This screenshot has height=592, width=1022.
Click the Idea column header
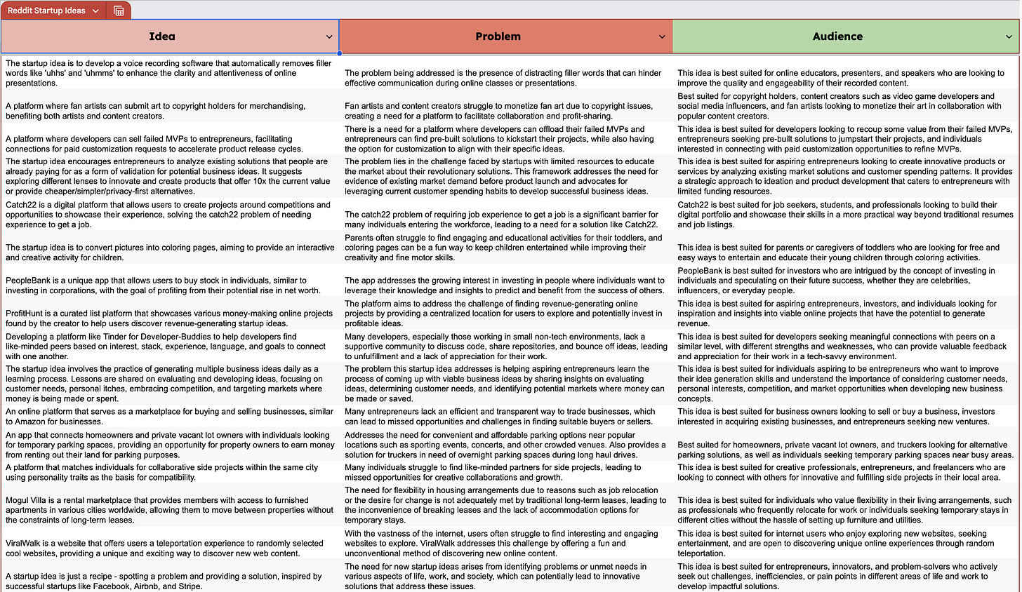pyautogui.click(x=162, y=36)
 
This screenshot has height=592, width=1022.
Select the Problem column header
pyautogui.click(x=498, y=36)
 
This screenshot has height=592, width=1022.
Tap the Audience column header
pyautogui.click(x=837, y=36)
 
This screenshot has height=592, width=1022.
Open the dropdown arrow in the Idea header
pyautogui.click(x=329, y=37)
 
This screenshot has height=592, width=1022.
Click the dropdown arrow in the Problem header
pyautogui.click(x=662, y=37)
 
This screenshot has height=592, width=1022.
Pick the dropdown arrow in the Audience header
pyautogui.click(x=1009, y=37)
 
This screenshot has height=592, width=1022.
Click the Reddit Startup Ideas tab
pyautogui.click(x=46, y=11)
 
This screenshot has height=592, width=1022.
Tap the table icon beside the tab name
pyautogui.click(x=119, y=11)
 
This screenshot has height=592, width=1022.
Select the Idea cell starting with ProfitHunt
pyautogui.click(x=168, y=318)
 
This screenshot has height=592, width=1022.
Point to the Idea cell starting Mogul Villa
pyautogui.click(x=169, y=510)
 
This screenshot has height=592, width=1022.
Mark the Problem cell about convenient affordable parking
pyautogui.click(x=505, y=445)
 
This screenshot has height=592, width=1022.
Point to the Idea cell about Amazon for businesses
pyautogui.click(x=169, y=417)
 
